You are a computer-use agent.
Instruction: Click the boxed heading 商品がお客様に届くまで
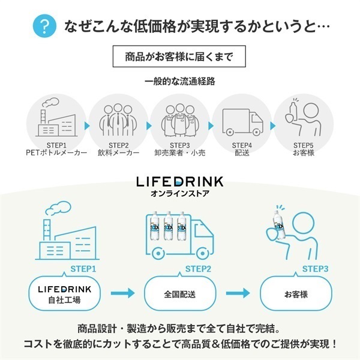point(179,58)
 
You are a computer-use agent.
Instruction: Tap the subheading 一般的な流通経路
point(180,82)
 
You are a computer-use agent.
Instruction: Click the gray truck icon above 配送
point(242,122)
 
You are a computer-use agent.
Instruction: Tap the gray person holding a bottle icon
point(303,119)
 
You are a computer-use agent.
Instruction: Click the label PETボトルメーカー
point(58,153)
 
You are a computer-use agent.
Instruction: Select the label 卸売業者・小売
point(180,153)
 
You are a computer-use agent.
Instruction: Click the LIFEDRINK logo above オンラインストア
point(180,181)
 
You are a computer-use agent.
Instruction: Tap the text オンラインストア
point(180,194)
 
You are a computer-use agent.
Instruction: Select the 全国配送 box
point(179,295)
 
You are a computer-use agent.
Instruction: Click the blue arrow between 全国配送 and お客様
point(238,294)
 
